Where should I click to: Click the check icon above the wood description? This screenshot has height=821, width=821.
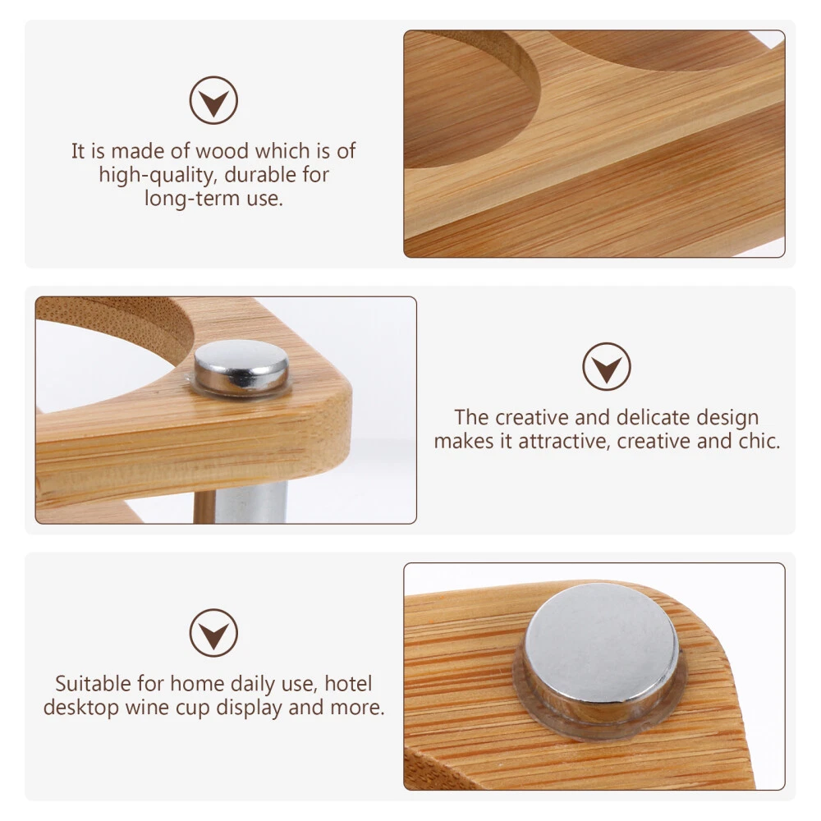[213, 100]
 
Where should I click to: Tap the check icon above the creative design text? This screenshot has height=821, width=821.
[607, 366]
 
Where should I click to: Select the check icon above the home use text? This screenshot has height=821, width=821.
[213, 632]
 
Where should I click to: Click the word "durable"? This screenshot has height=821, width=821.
[261, 174]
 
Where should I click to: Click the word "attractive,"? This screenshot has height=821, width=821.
[564, 441]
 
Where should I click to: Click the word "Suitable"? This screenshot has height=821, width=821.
[94, 683]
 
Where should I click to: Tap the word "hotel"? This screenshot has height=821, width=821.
[348, 683]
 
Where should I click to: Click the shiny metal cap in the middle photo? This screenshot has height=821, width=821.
[241, 367]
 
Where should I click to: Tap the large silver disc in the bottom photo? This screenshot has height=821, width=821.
[602, 649]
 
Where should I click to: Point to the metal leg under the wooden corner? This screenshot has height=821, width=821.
[251, 502]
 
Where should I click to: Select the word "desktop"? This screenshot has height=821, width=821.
[81, 708]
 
